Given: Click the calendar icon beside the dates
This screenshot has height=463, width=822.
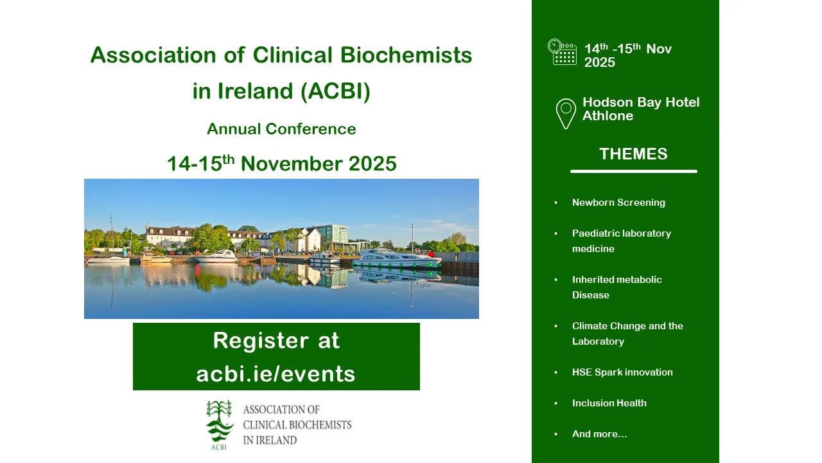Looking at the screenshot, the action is point(562,52).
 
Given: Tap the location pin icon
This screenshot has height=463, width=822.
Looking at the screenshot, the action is point(566,114).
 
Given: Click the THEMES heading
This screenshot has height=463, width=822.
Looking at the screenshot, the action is point(633,154).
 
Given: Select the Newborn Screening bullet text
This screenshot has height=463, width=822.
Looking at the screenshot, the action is point(618,203).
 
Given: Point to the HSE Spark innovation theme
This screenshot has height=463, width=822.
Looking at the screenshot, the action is point(622,372).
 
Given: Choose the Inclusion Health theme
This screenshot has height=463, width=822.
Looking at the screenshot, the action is point(609,403).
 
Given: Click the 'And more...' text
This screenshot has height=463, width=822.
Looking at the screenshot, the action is point(600,434).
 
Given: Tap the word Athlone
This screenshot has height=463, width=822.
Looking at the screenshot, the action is point(608,116).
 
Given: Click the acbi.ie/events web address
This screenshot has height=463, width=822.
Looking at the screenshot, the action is point(275,374).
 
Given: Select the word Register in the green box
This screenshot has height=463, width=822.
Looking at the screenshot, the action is point(261,340).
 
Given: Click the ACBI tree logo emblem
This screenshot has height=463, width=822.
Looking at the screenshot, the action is point(220,425).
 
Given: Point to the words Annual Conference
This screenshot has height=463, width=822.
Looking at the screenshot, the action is point(281,129).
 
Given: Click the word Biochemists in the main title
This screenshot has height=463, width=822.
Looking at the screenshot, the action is point(406,55).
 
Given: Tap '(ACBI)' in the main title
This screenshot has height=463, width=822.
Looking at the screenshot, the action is point(335,91).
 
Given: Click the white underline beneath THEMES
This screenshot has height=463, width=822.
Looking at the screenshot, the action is point(634,171).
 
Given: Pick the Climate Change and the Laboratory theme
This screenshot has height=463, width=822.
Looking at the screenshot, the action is point(627,334).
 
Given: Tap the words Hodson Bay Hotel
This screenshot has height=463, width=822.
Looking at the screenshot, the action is point(641,102).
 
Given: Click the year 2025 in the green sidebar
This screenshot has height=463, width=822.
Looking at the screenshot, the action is point(600,62).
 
